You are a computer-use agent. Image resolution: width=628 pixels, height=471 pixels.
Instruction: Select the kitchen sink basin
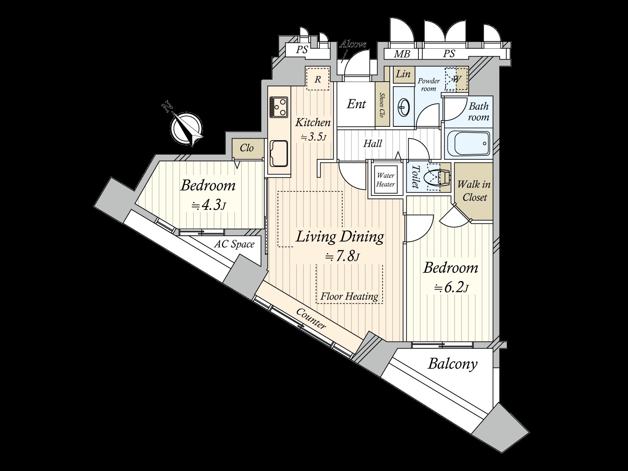(279, 153)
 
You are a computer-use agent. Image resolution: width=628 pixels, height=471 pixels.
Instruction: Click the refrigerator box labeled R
(318, 79)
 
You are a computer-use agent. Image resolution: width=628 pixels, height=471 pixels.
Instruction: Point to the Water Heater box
(385, 180)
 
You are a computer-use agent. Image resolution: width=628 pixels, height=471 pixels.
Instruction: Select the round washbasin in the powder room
(404, 106)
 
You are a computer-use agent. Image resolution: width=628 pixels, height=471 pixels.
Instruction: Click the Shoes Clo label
(381, 105)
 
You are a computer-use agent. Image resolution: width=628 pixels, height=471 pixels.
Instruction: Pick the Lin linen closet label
(403, 74)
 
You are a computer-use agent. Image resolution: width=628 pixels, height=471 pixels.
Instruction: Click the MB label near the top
(402, 54)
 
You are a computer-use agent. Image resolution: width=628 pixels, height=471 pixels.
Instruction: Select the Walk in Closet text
(474, 190)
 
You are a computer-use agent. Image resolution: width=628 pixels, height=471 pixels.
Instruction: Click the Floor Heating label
(349, 296)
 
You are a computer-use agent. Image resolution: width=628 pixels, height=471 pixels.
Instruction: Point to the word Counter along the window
(311, 318)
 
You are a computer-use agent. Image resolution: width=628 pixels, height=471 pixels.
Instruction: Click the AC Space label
(234, 244)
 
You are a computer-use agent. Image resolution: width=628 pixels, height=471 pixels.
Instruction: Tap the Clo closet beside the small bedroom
(246, 148)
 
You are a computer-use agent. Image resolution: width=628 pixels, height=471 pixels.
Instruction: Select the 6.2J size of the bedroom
(451, 288)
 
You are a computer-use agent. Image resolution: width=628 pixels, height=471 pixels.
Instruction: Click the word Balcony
(452, 364)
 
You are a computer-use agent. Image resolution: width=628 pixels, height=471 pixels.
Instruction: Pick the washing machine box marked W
(456, 78)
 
